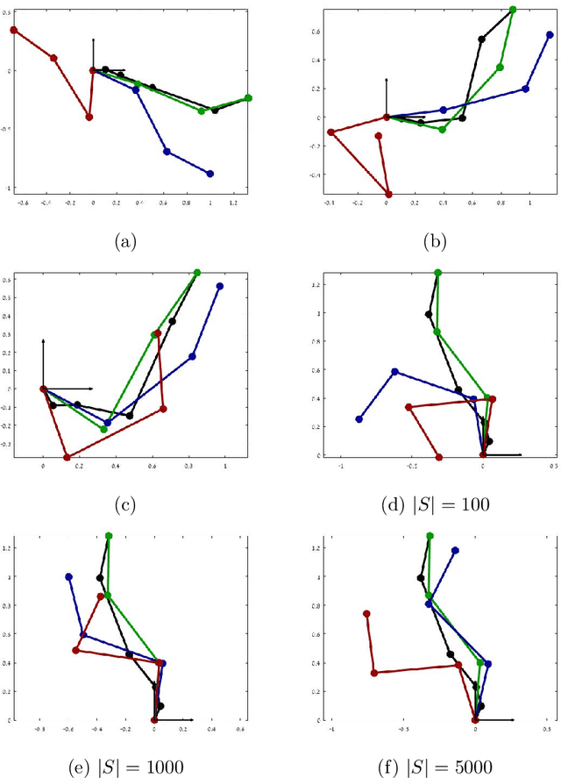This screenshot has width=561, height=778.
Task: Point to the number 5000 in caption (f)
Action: coord(478,765)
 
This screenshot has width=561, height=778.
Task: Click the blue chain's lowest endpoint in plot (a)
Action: coord(209,174)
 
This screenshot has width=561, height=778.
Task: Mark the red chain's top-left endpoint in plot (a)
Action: coord(14,30)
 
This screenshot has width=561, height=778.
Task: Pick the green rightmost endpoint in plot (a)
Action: coord(248,98)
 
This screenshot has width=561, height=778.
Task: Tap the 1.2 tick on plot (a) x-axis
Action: coord(233,202)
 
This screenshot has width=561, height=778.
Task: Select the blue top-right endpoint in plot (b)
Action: coord(550,35)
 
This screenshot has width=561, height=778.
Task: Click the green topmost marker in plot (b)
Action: coord(513,10)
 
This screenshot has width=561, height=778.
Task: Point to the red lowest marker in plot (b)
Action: coord(389,194)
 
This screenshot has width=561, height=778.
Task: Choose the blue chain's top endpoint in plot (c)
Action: coord(219,286)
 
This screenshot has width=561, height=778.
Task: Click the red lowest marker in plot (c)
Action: coord(67,457)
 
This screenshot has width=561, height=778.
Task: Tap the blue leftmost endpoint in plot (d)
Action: coord(359,419)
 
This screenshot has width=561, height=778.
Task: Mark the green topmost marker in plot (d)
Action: coord(437,273)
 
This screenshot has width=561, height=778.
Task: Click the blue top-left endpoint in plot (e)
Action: coord(68,576)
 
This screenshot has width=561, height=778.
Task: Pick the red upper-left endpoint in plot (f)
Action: coord(366,614)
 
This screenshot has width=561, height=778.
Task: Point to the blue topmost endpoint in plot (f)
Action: coord(455,551)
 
